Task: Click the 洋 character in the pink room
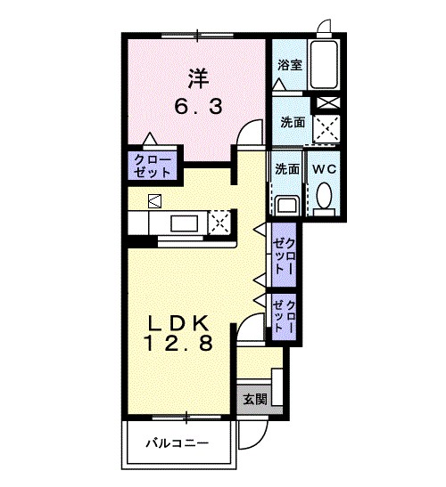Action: pos(197,77)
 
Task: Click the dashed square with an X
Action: pos(326,128)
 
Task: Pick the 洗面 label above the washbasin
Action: pos(286,169)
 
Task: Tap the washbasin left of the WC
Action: pos(286,205)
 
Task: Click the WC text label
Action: pos(324,169)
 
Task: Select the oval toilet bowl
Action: pos(325,197)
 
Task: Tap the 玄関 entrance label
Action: pos(254,400)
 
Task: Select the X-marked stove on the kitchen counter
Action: pos(220,221)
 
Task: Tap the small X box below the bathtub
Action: pos(326,101)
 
